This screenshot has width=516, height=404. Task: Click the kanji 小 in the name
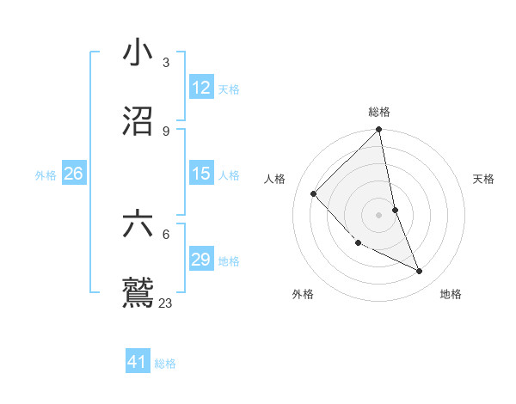tap(138, 53)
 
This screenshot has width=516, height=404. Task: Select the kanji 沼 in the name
tap(138, 121)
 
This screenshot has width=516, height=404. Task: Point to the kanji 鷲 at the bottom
tap(138, 292)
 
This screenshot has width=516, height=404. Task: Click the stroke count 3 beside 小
tap(165, 63)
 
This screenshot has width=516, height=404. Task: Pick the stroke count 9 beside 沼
tap(165, 131)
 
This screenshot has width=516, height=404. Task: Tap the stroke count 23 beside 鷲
tap(166, 303)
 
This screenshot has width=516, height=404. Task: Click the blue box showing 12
tap(200, 89)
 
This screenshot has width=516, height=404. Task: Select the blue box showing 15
tap(200, 174)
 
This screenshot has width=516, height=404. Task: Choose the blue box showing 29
tap(200, 260)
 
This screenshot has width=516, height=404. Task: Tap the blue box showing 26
tap(73, 174)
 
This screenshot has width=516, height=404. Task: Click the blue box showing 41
tap(138, 362)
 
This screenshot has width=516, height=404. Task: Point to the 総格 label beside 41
tap(166, 364)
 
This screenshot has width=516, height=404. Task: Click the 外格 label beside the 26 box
tap(46, 175)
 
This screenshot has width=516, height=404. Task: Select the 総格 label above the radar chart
tap(379, 112)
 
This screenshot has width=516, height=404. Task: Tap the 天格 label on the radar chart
tap(484, 179)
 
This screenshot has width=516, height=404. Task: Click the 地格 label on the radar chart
tap(451, 294)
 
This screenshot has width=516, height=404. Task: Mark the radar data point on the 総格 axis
tap(379, 131)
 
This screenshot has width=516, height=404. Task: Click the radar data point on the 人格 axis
tap(314, 193)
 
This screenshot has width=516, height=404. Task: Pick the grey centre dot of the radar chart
tap(379, 214)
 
